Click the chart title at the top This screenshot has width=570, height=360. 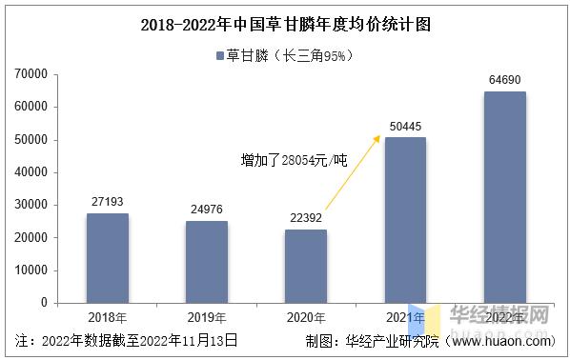[285, 26]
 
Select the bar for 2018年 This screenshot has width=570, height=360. [107, 258]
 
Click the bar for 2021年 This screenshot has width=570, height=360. [404, 220]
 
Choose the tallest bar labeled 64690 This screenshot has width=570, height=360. [504, 197]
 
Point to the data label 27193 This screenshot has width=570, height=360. [107, 202]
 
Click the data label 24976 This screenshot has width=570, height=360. [206, 210]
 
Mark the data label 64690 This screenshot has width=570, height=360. [504, 81]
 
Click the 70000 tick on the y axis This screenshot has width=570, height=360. [32, 74]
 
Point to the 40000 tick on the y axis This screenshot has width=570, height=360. [32, 172]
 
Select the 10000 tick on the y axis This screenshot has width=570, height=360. [32, 270]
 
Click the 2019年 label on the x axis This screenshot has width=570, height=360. [206, 317]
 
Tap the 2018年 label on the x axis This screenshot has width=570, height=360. [107, 317]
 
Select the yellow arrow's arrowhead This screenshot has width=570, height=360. [379, 138]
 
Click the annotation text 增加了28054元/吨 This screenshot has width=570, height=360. [294, 162]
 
